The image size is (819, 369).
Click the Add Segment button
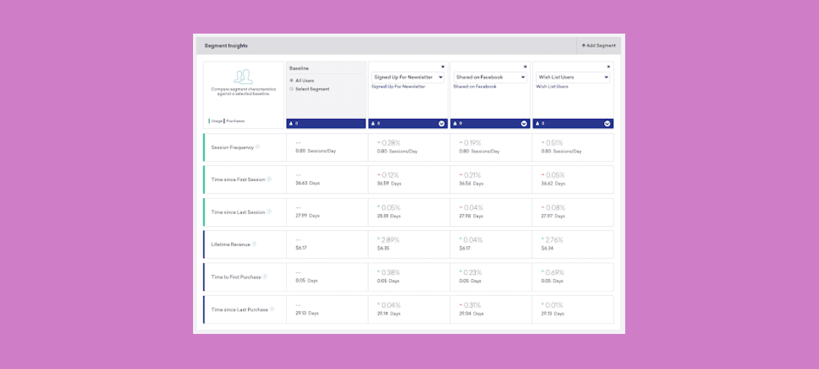pos(599,45)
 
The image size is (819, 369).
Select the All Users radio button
pos(292,80)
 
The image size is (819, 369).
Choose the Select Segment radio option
pos(292,89)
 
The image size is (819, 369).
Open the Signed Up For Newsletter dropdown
pos(407,77)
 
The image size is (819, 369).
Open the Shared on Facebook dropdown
pos(490,77)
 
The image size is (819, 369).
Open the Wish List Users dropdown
pos(573,77)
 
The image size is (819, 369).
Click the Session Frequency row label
pos(233,148)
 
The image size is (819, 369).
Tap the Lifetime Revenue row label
pos(231,244)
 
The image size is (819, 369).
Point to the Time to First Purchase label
pos(236,277)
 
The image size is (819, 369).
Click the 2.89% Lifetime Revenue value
pos(389,239)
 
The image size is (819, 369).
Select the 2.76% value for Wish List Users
pos(554,239)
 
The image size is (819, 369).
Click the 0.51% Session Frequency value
pos(554,142)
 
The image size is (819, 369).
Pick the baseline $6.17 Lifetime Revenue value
pos(300,248)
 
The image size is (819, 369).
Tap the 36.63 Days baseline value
pos(307,183)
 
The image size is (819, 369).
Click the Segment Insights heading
pos(226,45)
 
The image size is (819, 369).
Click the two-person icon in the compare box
pos(244,76)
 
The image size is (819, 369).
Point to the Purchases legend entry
pos(235,121)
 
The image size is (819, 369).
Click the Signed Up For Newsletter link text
pos(399,86)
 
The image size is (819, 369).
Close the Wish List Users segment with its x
pos(607,66)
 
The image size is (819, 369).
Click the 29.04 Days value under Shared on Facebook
pos(471,313)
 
